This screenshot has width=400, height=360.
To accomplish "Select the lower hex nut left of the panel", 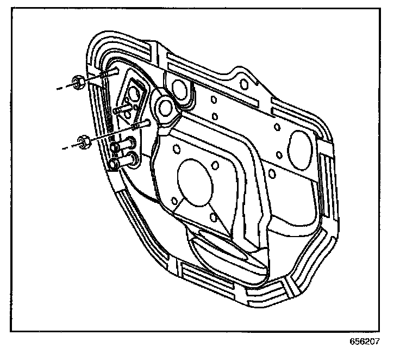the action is [x=83, y=143].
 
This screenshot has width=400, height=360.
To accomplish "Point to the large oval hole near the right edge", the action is [x=301, y=146].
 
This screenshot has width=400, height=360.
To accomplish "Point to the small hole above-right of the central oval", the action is [x=216, y=165].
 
